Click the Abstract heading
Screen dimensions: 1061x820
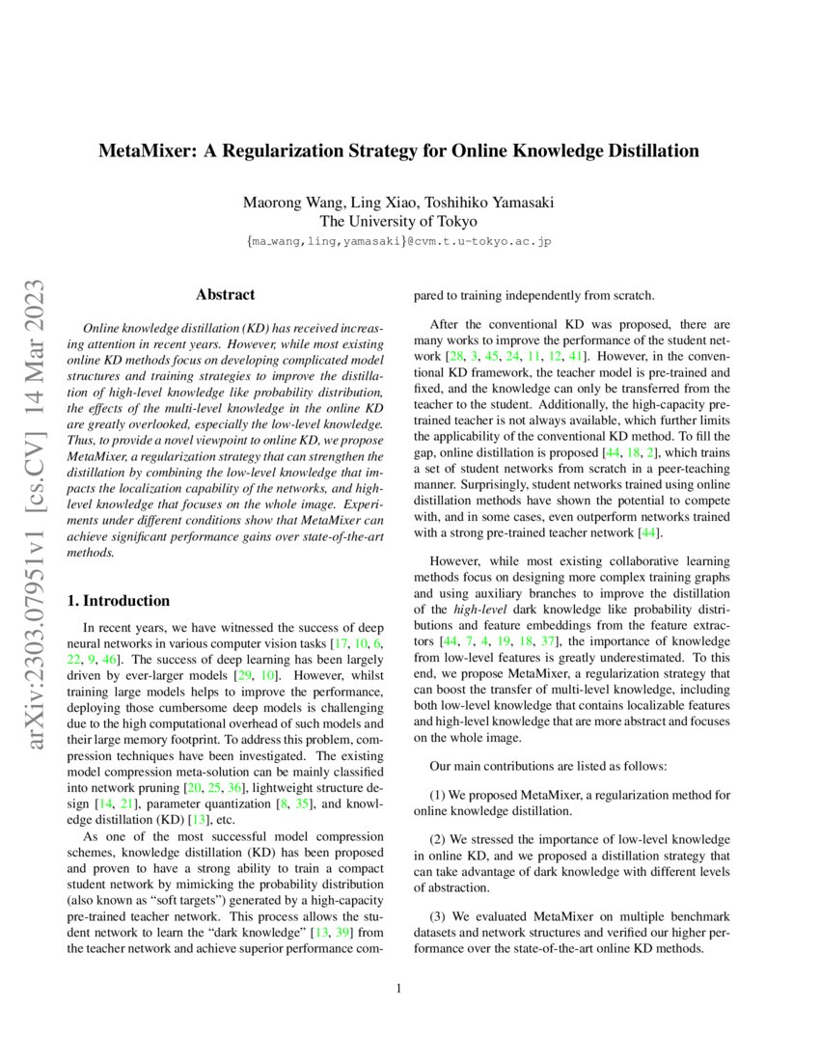coord(225,294)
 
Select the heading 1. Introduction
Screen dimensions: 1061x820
coord(118,600)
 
